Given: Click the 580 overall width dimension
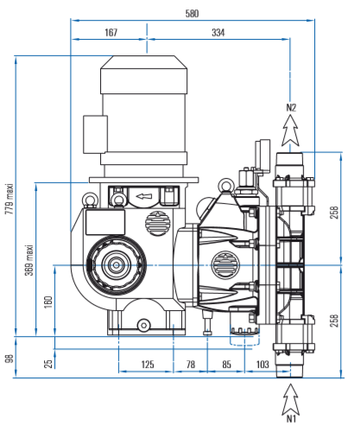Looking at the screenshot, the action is (x=192, y=14).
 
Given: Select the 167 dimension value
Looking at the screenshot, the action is (x=111, y=32).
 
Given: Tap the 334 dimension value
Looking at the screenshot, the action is (x=218, y=32).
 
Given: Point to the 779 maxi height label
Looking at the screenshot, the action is (x=9, y=199).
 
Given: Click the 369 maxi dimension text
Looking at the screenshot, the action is (x=29, y=260).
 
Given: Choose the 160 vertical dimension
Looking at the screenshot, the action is (x=48, y=302).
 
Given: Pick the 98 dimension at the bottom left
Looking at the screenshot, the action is (x=9, y=358).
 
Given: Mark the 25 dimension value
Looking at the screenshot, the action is (x=48, y=364).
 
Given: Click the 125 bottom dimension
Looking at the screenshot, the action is (x=148, y=365).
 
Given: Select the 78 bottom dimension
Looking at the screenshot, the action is (x=191, y=365).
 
